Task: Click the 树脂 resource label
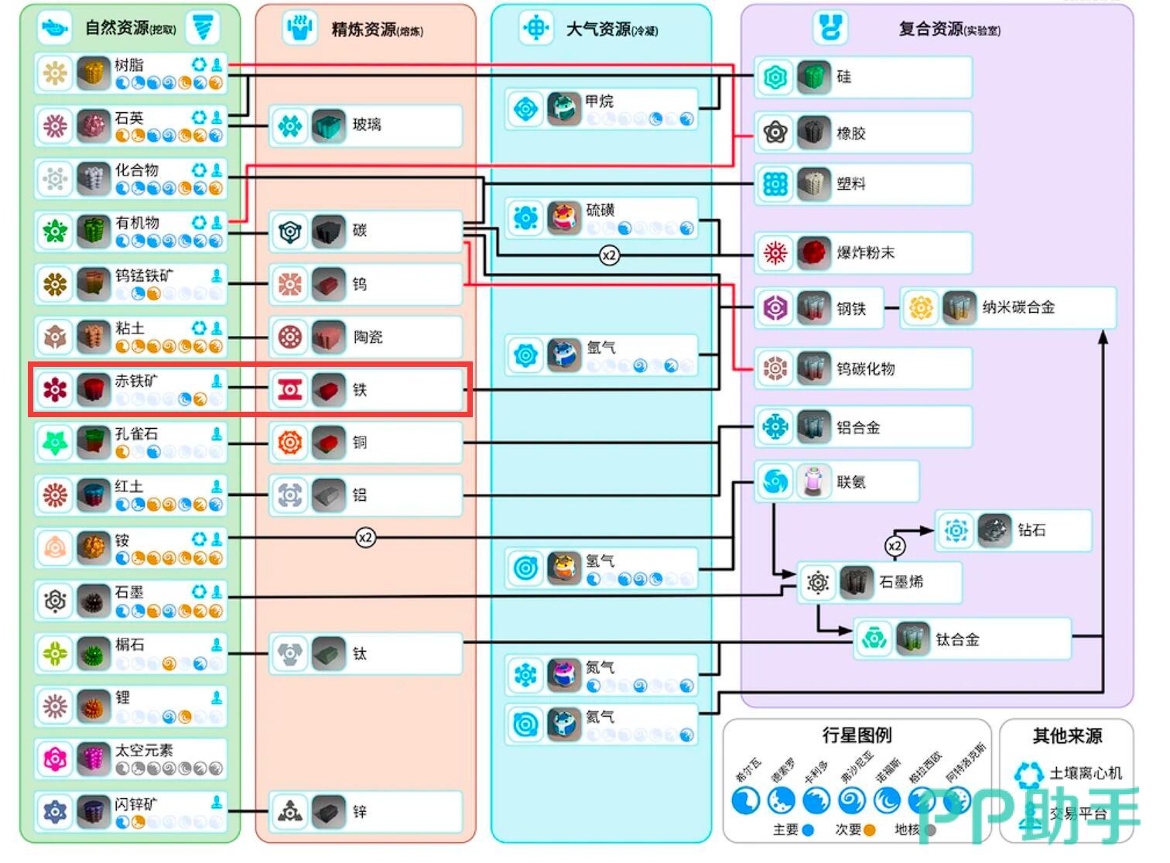[x=129, y=65]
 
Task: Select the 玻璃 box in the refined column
[x=365, y=125]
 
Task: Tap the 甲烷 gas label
[x=599, y=101]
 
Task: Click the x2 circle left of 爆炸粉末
[x=610, y=255]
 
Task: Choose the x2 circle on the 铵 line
[x=365, y=537]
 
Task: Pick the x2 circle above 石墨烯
[x=895, y=546]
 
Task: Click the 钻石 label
[x=1031, y=530]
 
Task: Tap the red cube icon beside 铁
[x=329, y=390]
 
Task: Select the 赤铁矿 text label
[x=136, y=381]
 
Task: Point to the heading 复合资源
[x=932, y=29]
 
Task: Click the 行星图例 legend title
[x=857, y=735]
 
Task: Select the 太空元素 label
[x=144, y=750]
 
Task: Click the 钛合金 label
[x=957, y=640]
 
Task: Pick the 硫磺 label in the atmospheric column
[x=600, y=210]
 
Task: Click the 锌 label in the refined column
[x=360, y=812]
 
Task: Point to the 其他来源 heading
[x=1067, y=736]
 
